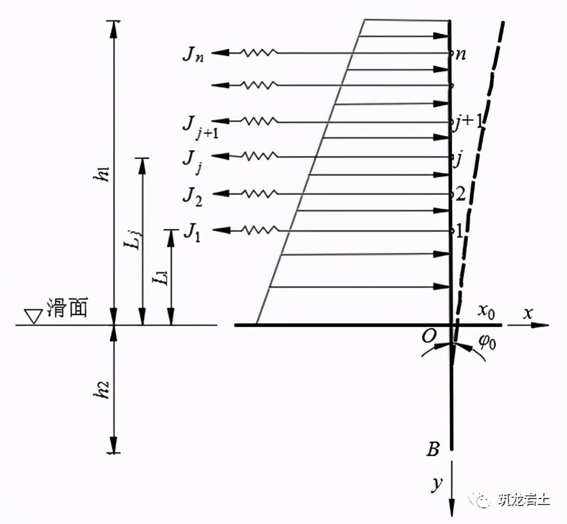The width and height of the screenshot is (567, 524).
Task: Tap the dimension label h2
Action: (103, 388)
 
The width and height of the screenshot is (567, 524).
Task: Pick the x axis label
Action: (528, 313)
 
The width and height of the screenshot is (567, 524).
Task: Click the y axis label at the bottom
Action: (437, 484)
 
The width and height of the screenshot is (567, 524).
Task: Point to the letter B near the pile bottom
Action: (434, 448)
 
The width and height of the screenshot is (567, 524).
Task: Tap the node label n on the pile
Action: (460, 54)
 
